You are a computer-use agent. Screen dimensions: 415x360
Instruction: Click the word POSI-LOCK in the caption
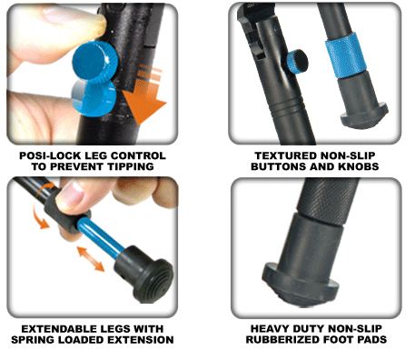pos(50,155)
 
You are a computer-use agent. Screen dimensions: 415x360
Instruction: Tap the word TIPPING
pos(131,166)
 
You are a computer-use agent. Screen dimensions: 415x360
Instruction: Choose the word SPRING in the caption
pos(33,340)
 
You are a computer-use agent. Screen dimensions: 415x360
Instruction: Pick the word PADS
pos(371,340)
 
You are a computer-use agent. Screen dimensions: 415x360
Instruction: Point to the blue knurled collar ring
pos(345,55)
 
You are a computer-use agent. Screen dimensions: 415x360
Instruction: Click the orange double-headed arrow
pos(91,258)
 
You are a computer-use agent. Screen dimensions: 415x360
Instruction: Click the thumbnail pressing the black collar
pos(72,193)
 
